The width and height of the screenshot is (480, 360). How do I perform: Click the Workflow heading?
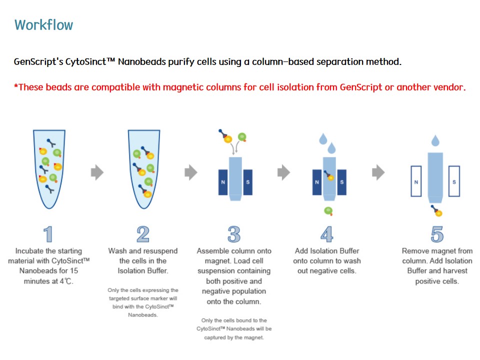tap(44, 25)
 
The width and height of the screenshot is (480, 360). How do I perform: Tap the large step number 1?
tap(48, 234)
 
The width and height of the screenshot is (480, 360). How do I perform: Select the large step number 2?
tap(143, 234)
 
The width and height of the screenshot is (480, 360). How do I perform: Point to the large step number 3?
tap(234, 234)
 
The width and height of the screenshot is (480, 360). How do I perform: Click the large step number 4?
tap(327, 234)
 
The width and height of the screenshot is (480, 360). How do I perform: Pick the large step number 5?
tap(437, 234)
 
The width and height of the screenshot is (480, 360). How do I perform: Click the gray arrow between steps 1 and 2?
tap(97, 172)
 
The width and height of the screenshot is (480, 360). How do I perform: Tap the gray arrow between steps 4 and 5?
tap(378, 172)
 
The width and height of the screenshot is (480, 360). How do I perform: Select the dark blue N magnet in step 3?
tap(223, 182)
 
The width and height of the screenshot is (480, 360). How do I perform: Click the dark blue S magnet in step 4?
tap(341, 182)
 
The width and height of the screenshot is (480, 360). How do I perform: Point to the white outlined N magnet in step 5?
tap(416, 181)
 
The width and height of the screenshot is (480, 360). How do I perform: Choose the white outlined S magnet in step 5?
tap(454, 181)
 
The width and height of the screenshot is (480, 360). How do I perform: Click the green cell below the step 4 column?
tap(328, 210)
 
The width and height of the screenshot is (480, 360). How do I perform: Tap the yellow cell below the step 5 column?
tap(438, 213)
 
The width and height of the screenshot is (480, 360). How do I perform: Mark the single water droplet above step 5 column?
tap(435, 140)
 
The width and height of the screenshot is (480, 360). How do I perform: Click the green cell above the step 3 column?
tap(242, 137)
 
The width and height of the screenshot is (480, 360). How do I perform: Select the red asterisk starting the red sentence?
tap(16, 86)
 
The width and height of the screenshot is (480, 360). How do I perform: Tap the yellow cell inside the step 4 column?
tap(330, 177)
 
